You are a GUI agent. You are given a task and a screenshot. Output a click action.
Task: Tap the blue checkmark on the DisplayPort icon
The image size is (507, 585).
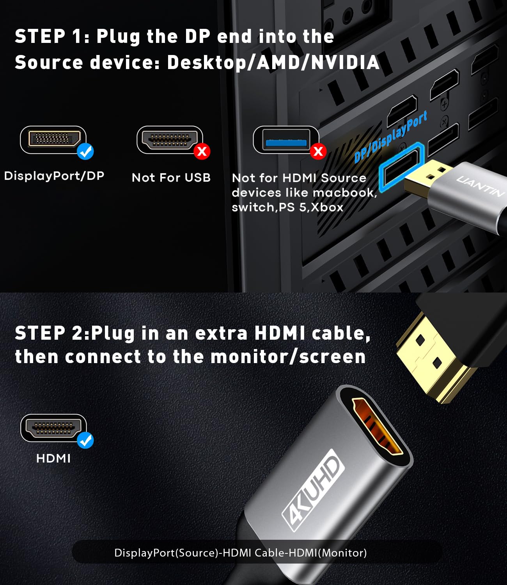click(85, 151)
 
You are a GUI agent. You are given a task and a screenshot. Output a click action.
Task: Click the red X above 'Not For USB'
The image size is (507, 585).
click(202, 151)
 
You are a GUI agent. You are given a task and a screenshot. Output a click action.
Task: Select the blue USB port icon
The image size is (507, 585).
click(285, 139)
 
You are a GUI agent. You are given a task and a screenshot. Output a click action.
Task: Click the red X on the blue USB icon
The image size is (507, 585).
click(318, 151)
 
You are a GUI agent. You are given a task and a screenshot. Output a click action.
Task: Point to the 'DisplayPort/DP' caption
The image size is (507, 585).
click(54, 176)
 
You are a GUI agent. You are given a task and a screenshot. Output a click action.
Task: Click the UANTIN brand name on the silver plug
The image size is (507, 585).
click(480, 186)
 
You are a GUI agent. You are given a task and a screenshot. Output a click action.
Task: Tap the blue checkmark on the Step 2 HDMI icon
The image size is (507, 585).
click(85, 440)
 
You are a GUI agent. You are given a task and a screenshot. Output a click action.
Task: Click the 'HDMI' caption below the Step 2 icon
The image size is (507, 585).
click(53, 458)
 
